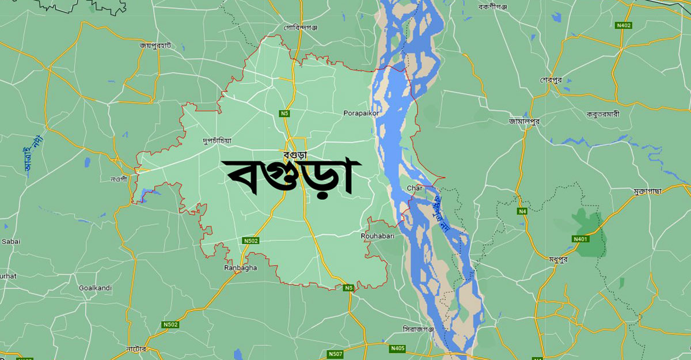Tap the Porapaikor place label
click(360, 113)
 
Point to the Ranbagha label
click(241, 268)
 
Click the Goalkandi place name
click(96, 288)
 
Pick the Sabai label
click(11, 242)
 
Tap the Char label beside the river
click(415, 188)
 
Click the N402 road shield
click(624, 25)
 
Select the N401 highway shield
click(581, 239)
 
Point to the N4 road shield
click(522, 211)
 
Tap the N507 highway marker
click(335, 354)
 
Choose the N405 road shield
click(397, 348)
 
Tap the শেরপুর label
click(551, 79)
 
